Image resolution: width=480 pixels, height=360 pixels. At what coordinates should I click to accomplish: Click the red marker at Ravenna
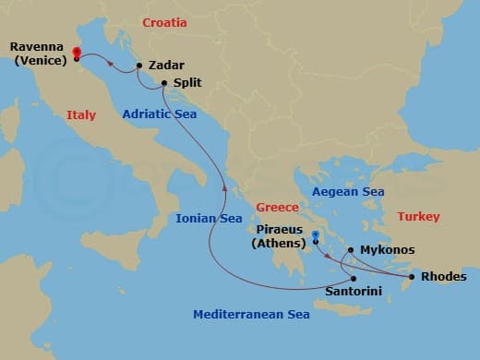(76, 54)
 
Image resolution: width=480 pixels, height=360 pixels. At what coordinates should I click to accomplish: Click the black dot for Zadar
(138, 66)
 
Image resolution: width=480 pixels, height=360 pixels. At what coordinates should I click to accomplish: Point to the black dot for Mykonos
(350, 250)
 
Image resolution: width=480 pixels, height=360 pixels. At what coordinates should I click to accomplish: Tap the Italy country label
(81, 114)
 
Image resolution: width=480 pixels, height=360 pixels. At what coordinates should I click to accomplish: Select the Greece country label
(277, 207)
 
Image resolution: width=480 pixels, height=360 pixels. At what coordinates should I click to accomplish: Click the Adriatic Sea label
(158, 114)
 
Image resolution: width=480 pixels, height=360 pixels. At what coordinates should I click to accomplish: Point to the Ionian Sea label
(210, 219)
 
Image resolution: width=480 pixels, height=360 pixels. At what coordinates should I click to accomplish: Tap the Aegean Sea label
(348, 191)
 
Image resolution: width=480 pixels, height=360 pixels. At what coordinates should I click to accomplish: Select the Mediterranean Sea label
(251, 315)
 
